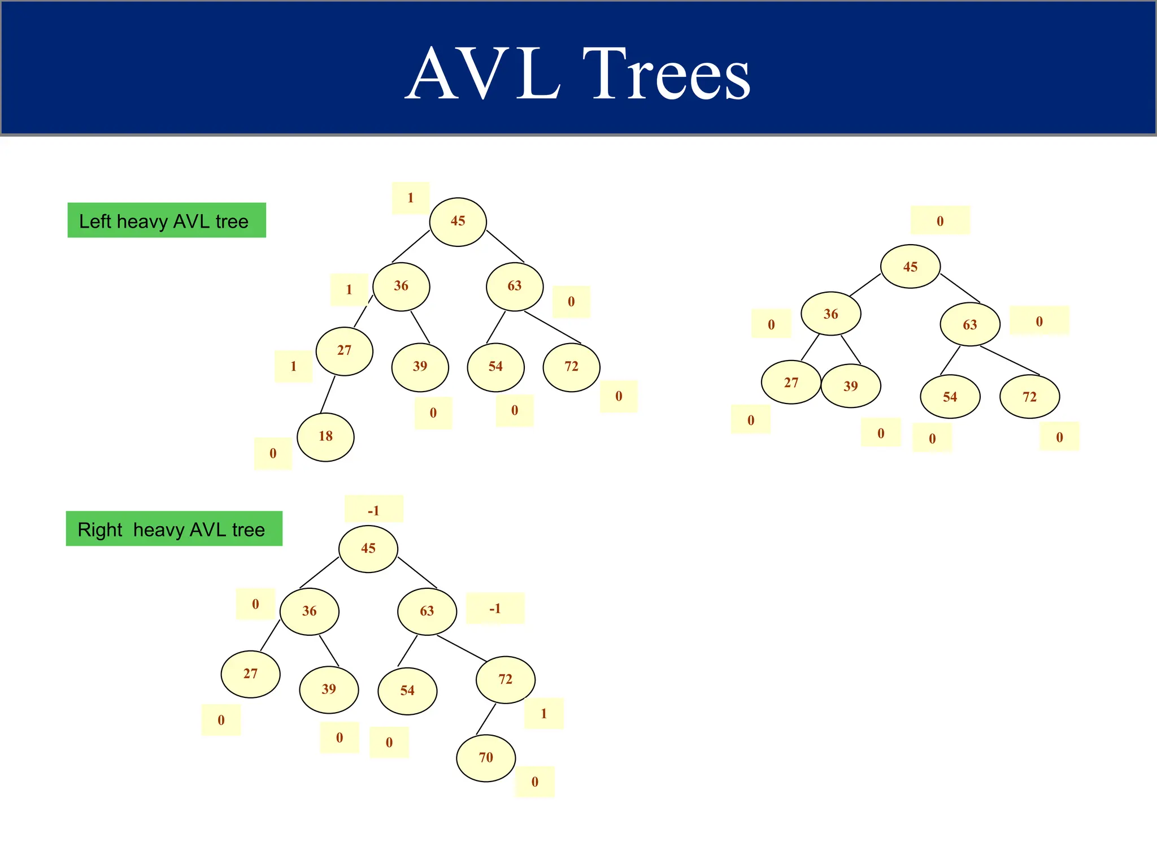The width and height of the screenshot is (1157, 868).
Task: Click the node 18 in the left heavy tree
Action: coord(325,437)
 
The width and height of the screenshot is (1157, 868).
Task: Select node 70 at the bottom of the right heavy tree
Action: coord(486,758)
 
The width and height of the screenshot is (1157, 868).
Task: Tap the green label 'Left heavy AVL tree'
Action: coord(167,220)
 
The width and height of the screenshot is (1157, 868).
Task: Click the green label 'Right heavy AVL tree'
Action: coord(174,529)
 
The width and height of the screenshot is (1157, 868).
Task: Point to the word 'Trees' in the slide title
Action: coord(667,73)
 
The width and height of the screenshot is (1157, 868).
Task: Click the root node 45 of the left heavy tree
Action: coord(458,222)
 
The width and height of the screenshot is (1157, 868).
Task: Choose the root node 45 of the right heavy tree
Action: coord(368,549)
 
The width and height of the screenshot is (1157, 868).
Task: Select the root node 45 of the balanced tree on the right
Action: coord(910,267)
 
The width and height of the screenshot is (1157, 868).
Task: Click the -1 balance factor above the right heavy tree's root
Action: coord(373,510)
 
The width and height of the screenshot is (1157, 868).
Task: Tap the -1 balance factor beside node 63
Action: coord(495,608)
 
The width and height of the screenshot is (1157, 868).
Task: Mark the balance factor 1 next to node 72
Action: coord(543,713)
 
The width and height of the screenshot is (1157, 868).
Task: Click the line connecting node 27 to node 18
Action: coord(328,394)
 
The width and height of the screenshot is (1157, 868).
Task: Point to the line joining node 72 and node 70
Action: coord(486,719)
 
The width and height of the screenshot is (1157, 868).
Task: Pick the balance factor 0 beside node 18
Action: coord(273,453)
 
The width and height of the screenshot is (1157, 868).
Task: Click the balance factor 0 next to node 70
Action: coord(534,782)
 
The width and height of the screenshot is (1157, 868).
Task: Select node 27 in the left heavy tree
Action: coord(344,351)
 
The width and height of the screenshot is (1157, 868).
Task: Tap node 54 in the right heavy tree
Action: coord(407,691)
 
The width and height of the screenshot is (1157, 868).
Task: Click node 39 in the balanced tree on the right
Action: coord(850,386)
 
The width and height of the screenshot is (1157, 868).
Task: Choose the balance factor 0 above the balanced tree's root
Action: coord(940,220)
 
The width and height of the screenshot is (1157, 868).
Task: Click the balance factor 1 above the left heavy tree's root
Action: coord(411,198)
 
